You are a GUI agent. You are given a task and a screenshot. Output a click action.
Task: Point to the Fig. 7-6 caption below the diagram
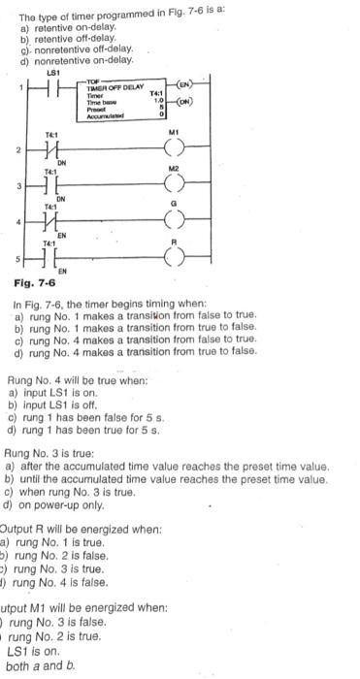[35, 283]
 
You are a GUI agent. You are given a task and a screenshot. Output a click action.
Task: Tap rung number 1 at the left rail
[11, 87]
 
